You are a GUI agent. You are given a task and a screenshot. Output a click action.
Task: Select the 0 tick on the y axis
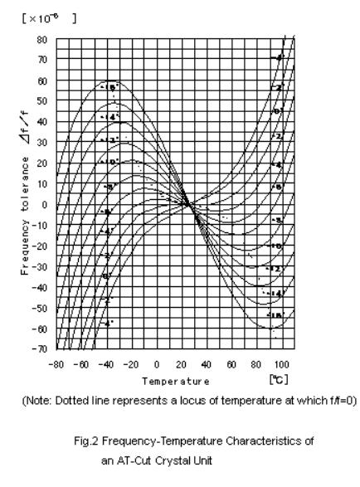tap(44, 205)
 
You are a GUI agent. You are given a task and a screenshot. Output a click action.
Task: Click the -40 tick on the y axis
tap(39, 288)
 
